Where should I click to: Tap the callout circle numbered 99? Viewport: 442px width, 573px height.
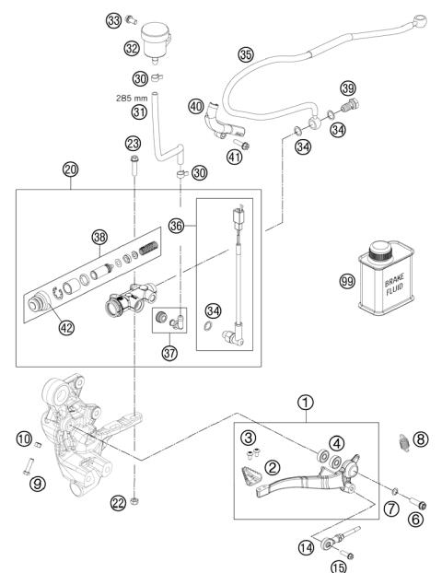(346, 281)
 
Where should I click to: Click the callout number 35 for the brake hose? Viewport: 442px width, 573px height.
(245, 54)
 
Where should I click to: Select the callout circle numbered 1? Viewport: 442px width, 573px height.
(305, 403)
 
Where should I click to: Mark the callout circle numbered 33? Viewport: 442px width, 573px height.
(139, 19)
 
